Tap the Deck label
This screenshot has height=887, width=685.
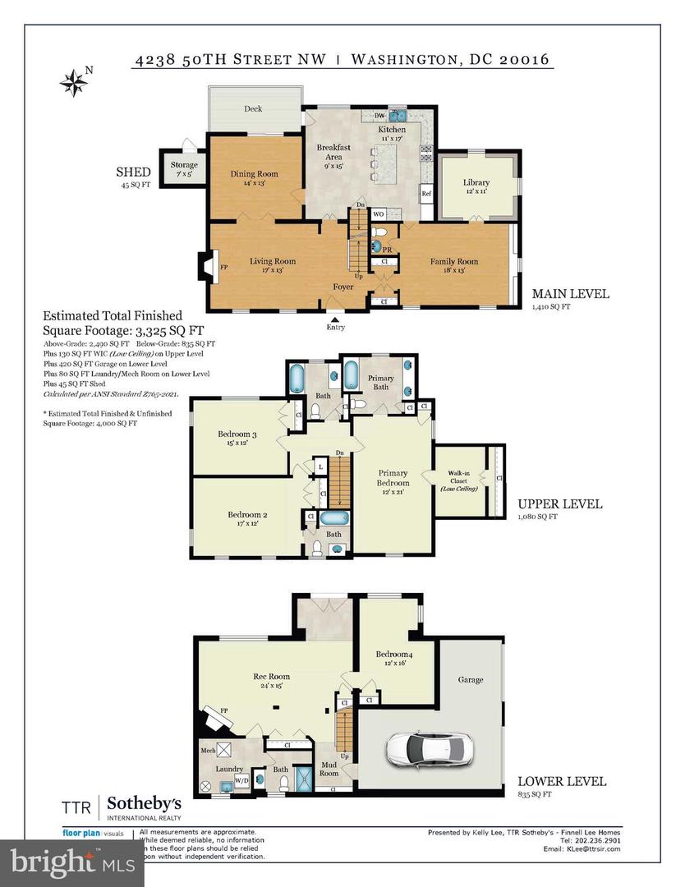253,108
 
